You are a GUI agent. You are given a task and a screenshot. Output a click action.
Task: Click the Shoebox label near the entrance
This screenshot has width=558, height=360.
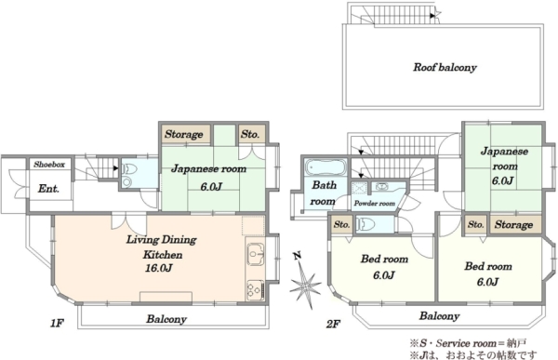tap(49, 165)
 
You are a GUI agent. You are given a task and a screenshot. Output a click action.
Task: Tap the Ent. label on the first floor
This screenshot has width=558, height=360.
tap(48, 188)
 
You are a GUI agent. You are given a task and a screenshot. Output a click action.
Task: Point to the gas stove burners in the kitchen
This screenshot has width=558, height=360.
tap(256, 288)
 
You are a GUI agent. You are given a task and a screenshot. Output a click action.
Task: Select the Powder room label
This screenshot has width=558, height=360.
tap(375, 204)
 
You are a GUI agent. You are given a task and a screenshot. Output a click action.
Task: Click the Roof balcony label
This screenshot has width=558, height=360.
tap(445, 67)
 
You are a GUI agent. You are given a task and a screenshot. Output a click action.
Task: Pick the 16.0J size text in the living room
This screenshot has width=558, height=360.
tap(158, 268)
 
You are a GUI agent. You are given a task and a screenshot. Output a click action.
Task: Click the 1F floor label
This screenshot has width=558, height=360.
tap(57, 324)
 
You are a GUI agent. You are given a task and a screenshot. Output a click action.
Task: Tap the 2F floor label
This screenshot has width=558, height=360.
tap(333, 324)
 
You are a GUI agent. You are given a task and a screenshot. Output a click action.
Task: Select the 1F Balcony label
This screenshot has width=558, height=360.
tap(166, 319)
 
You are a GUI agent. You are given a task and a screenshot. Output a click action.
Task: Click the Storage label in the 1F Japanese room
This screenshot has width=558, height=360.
tap(183, 134)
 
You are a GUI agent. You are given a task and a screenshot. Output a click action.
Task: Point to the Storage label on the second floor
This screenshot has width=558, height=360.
tap(513, 225)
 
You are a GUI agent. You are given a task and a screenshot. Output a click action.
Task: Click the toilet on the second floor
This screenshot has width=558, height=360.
tap(365, 224)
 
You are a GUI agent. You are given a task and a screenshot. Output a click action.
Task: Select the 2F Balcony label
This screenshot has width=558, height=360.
tap(439, 316)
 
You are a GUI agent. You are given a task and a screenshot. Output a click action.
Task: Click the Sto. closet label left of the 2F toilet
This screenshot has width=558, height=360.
tap(341, 225)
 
